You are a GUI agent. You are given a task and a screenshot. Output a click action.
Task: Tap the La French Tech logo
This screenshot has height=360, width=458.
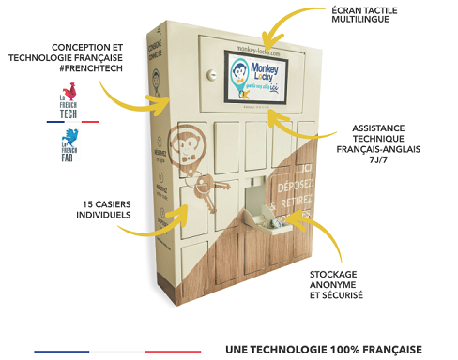(67, 102)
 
